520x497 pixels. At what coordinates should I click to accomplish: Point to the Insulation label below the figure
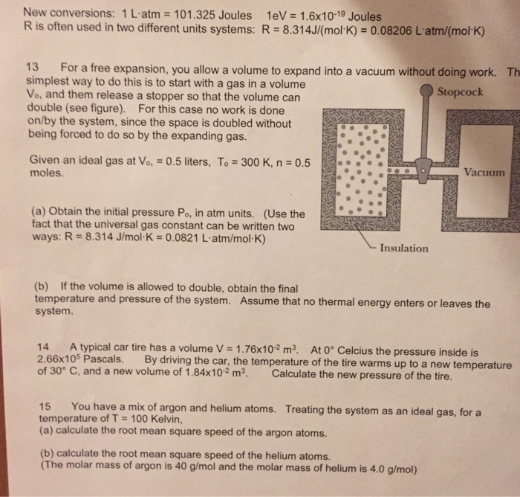pos(403,248)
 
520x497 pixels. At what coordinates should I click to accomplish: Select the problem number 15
pos(44,407)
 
